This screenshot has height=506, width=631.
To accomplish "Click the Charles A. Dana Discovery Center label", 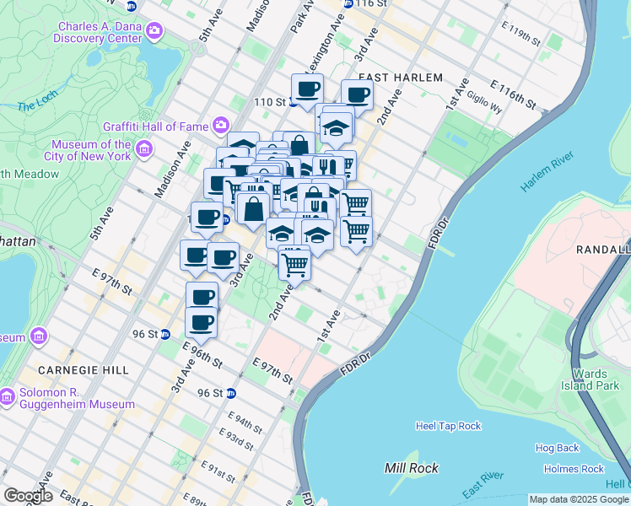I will point(99,32).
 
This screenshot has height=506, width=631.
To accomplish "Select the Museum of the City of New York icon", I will point(144,150).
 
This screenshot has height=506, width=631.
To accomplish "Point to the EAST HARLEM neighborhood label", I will point(406,78).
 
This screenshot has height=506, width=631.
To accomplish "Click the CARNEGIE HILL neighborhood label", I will point(83,370).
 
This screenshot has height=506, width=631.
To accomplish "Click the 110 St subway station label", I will point(270,102).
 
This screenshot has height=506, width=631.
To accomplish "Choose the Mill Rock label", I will point(411,468).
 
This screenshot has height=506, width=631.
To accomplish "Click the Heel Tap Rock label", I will point(448,426).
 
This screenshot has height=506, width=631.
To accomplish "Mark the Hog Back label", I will point(557,449).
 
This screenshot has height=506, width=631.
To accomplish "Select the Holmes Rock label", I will point(574,469).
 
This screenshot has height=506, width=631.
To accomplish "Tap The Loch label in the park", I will point(36,106).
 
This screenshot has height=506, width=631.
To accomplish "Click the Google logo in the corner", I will point(27,496).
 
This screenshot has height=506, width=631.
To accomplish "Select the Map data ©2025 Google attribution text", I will point(578,499).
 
